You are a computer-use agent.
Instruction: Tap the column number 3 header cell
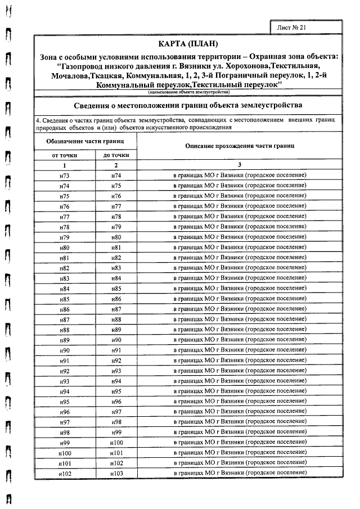click(239, 165)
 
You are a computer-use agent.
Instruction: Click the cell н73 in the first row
click(64, 175)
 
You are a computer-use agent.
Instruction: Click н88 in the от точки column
click(64, 329)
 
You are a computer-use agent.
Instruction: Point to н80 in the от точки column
click(64, 247)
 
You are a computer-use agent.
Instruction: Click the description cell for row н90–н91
click(239, 350)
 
